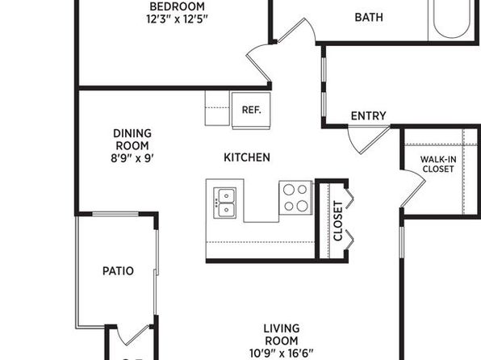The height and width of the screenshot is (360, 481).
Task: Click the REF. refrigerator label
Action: tap(251, 110)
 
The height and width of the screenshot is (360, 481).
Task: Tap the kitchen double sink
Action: tap(225, 203)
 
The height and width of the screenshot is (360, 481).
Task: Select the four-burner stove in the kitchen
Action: tap(295, 198)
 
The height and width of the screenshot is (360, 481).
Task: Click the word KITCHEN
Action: tap(247, 157)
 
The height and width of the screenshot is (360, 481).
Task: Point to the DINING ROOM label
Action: tap(132, 140)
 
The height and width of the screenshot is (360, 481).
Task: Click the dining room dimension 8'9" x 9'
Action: tap(132, 158)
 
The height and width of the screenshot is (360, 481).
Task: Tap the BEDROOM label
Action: tap(177, 6)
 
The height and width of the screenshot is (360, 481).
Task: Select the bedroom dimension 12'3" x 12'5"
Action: tap(177, 19)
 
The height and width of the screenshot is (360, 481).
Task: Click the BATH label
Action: tap(369, 17)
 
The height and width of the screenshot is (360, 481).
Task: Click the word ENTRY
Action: tap(369, 115)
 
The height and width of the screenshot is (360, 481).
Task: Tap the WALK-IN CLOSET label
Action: tap(438, 164)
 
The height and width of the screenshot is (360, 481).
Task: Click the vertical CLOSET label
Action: tap(337, 221)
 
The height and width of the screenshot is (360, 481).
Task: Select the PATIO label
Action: tap(118, 270)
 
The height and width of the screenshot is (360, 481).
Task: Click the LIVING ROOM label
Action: tap(282, 334)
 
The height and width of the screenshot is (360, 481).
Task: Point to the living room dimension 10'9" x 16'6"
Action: tap(282, 354)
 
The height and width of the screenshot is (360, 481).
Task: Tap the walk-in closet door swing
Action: tap(413, 188)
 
